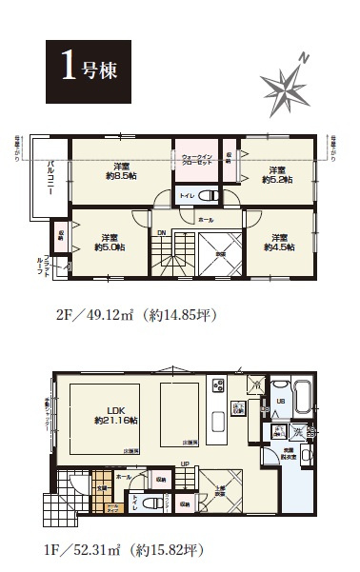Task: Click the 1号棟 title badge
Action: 82,70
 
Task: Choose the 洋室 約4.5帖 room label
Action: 278,242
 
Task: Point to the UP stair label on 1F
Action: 184,465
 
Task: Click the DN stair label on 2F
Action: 162,231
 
